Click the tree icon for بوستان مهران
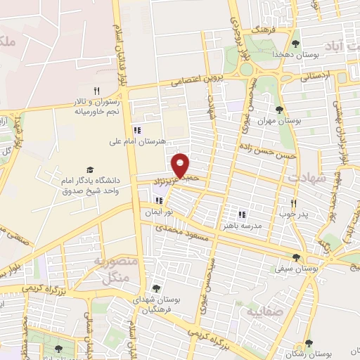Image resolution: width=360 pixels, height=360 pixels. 280,109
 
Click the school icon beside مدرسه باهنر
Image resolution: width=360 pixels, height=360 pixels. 242,214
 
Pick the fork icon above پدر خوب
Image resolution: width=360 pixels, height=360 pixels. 292,202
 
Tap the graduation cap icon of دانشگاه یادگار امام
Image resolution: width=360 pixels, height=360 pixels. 90,169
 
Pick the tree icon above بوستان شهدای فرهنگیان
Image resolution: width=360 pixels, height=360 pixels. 155,288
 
